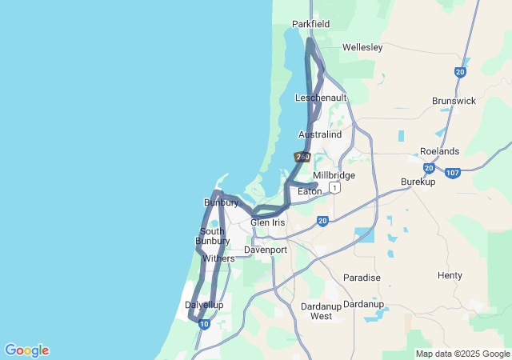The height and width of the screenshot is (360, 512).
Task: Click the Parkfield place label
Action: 310,24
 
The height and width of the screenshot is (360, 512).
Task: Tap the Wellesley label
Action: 362,47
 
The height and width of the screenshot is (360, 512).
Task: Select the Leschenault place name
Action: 321,98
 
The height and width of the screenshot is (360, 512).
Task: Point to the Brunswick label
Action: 454,101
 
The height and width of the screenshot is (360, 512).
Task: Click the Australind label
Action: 320,134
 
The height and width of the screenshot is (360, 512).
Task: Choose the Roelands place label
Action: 439,151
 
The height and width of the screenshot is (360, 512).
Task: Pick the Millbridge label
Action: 334,175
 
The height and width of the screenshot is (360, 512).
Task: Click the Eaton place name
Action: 310,191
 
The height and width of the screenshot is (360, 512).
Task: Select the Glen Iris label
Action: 267,222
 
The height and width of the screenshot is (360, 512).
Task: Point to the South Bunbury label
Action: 214,236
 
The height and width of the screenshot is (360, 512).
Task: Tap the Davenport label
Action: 266,250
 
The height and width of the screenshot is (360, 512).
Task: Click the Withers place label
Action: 218,258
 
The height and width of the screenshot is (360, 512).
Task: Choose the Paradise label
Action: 362,278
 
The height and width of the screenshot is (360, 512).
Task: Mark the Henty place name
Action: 450,275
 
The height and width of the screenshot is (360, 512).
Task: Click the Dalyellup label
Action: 204,305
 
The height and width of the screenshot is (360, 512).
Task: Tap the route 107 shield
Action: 453,173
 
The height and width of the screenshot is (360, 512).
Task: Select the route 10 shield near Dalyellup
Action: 205,324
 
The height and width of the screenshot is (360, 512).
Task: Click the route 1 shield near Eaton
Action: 334,187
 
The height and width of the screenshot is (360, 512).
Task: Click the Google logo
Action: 26,350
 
